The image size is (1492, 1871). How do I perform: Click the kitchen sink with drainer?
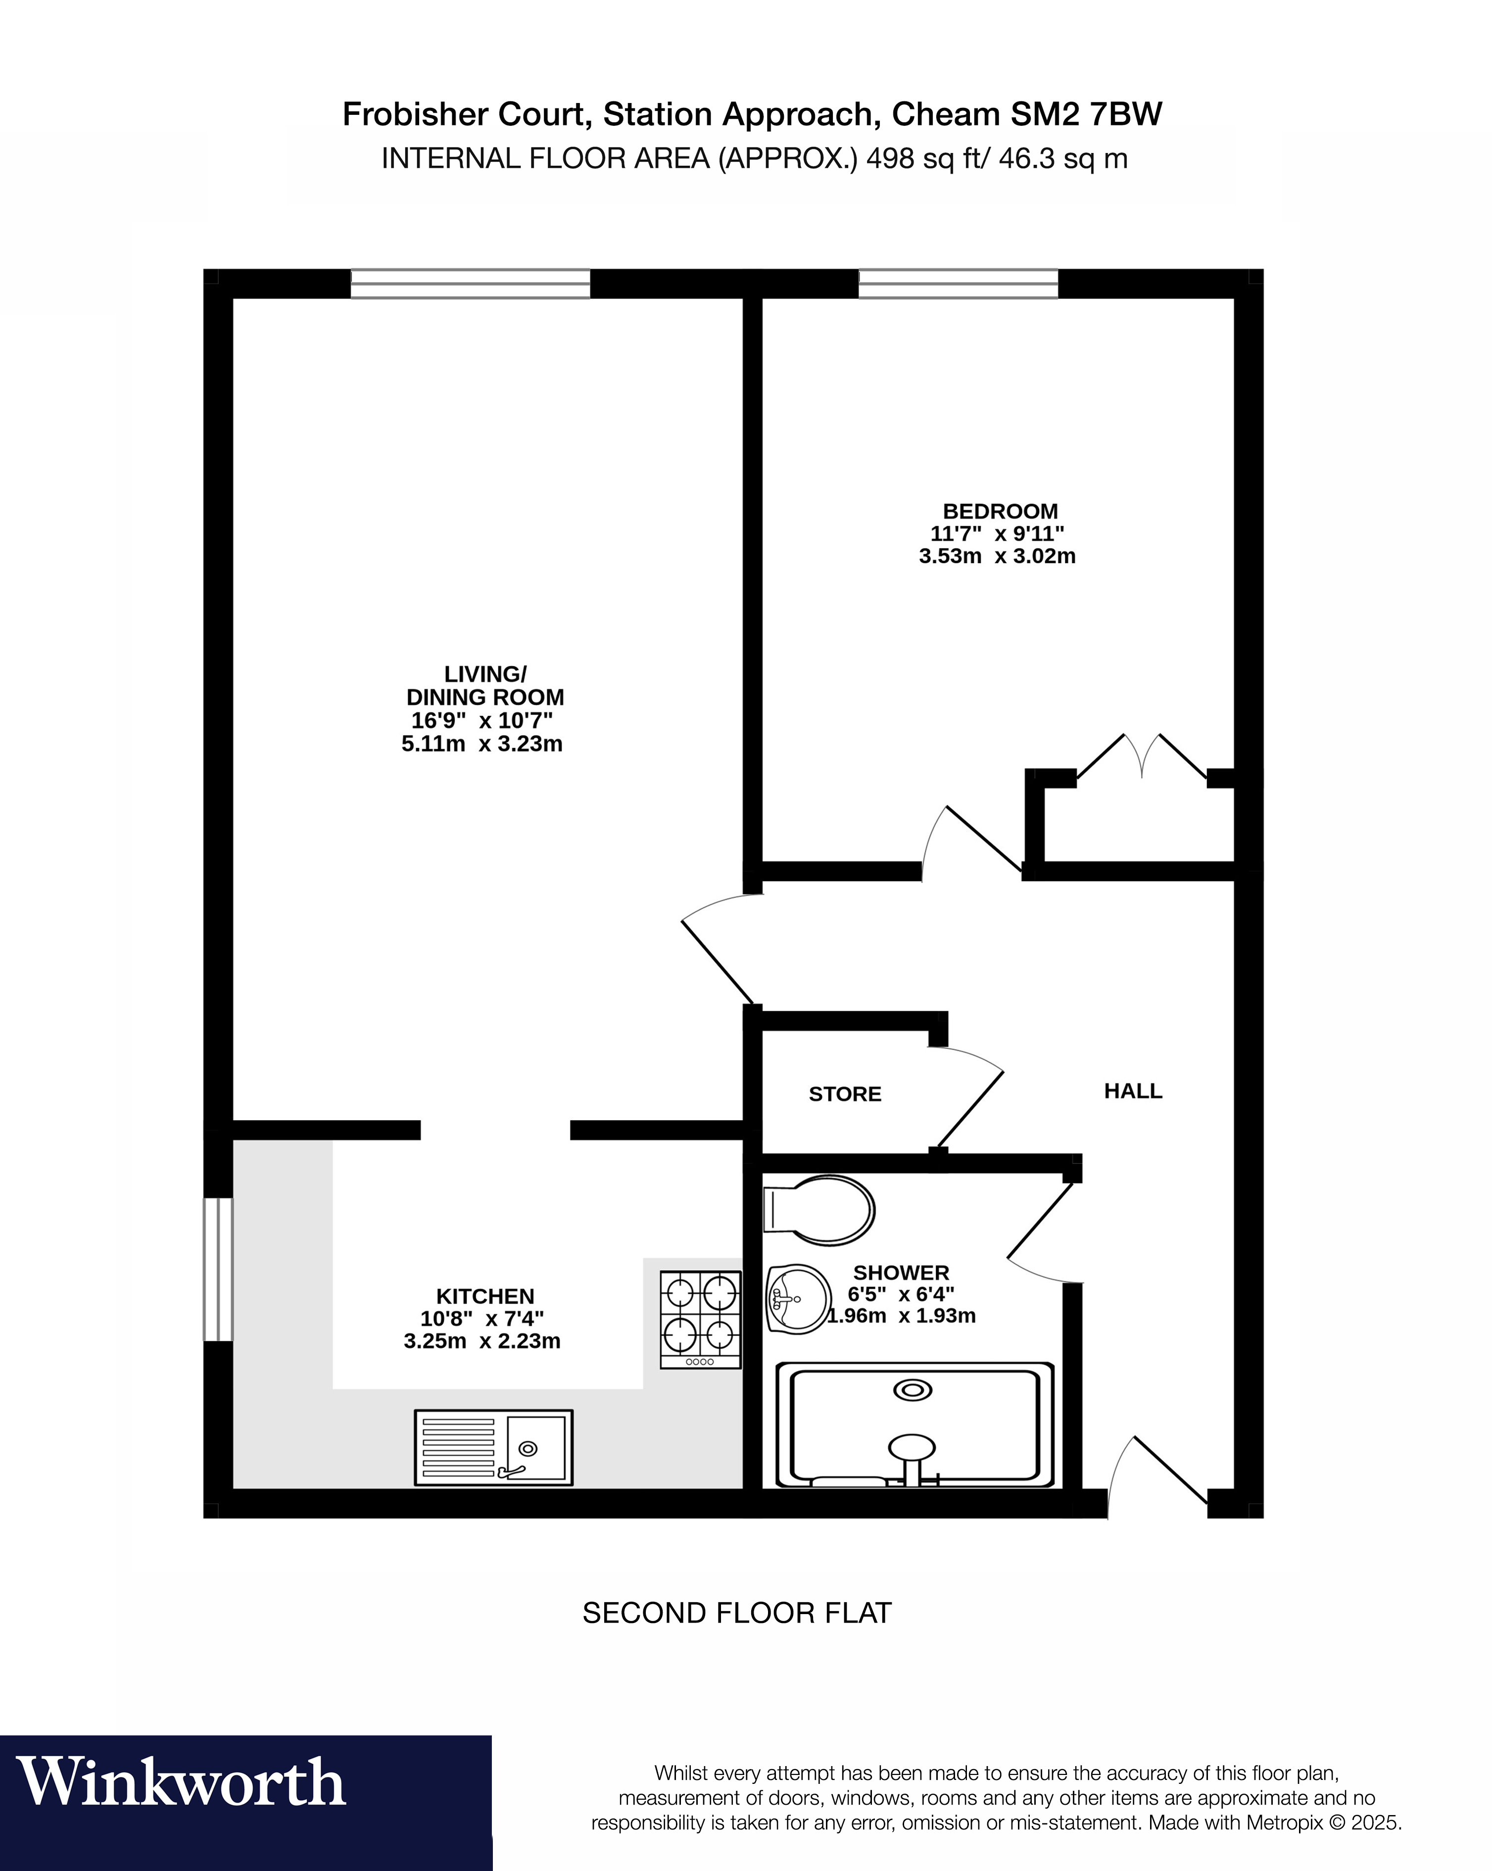point(493,1447)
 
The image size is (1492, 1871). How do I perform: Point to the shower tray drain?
point(913,1390)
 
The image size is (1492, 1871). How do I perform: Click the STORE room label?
point(845,1094)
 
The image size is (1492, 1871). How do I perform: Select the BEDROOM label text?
point(1000,511)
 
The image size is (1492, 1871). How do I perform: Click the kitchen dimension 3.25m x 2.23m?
point(482,1342)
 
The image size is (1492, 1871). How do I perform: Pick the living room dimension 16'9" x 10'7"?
point(482,720)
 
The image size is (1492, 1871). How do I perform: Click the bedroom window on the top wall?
point(959,284)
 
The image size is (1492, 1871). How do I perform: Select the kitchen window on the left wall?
point(218,1269)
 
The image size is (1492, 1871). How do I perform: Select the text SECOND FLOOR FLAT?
point(736,1613)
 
